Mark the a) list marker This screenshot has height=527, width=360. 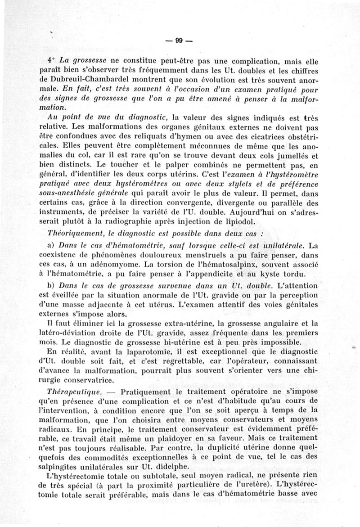click(x=50, y=246)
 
